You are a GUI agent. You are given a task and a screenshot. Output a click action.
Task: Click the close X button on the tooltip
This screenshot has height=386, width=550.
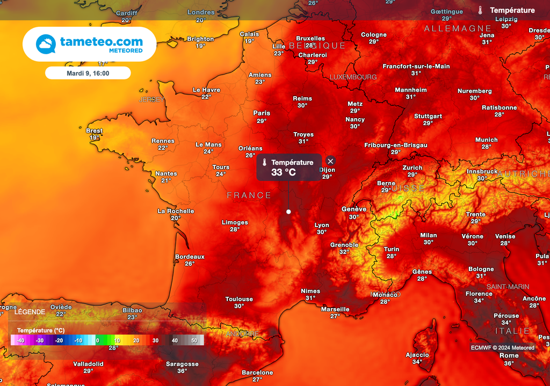[330, 161]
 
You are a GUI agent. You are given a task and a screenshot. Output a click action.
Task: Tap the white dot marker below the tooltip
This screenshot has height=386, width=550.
[288, 212]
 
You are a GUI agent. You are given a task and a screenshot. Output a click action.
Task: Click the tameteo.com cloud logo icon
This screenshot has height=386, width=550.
[46, 44]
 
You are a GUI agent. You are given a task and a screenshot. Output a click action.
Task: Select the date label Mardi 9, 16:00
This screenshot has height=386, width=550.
[88, 73]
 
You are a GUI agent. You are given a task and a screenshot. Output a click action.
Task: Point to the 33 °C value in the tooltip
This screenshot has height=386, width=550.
[284, 172]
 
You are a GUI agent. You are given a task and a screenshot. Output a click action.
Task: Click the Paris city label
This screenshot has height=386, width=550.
[262, 113]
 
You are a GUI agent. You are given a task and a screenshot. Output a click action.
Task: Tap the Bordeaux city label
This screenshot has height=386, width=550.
[190, 257]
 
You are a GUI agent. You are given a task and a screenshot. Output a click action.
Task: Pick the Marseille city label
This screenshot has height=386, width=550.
[335, 309]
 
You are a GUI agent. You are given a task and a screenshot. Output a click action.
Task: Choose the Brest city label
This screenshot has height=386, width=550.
[95, 131]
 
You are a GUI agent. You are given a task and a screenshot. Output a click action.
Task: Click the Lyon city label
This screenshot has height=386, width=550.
[322, 225]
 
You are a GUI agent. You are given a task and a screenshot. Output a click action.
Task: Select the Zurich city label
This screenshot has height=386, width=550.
[412, 167]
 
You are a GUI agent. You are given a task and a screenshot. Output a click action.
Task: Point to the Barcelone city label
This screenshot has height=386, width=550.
[257, 373]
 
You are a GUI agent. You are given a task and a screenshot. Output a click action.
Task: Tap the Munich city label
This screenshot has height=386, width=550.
[487, 140]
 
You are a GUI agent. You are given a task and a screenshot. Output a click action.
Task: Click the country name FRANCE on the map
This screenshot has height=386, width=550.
[249, 195]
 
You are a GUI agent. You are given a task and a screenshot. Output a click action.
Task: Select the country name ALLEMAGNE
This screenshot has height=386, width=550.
[458, 28]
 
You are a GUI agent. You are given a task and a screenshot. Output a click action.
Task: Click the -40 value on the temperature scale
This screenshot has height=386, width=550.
[20, 340]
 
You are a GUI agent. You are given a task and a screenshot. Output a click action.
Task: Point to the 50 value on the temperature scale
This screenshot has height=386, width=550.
[194, 340]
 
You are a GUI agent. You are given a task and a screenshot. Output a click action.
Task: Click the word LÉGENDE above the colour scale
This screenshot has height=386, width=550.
[30, 311]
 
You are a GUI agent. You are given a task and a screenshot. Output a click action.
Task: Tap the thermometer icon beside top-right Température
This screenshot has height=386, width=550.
[480, 10]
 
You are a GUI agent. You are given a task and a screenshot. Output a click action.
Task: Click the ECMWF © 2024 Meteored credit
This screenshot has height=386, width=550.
[503, 348]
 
